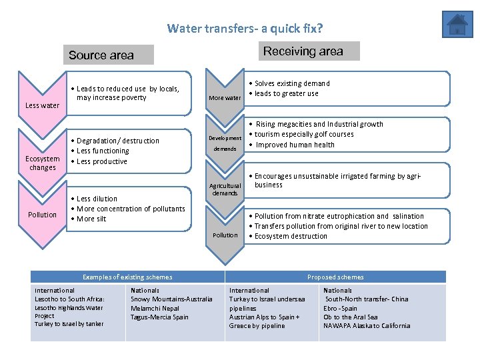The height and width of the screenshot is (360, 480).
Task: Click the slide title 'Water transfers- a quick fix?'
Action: (245, 29)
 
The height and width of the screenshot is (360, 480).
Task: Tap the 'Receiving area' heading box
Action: (303, 51)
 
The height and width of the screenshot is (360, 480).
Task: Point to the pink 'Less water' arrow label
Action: (42, 105)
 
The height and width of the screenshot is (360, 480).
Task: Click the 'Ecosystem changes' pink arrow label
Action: (42, 163)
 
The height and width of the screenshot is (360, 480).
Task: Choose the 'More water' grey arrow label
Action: (225, 98)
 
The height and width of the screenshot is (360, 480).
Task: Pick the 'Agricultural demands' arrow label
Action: (225, 189)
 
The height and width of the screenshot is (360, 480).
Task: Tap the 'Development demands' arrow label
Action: (225, 143)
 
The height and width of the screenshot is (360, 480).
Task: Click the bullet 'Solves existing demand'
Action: (292, 83)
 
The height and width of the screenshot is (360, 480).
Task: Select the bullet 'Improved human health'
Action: (295, 145)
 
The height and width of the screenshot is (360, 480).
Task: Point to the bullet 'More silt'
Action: (91, 219)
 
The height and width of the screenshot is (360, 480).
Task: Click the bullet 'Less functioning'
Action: (103, 151)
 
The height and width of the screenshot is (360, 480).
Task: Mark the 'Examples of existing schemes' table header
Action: (127, 277)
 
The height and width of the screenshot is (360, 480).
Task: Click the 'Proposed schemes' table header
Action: (335, 277)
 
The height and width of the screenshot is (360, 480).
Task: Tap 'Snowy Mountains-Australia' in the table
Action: (171, 299)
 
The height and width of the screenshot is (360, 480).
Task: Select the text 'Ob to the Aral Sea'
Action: (351, 317)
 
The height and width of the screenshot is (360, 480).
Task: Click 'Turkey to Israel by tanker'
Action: (69, 324)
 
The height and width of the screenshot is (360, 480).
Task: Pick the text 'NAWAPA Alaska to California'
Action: (367, 326)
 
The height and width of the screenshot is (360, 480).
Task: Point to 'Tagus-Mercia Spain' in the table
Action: (159, 317)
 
